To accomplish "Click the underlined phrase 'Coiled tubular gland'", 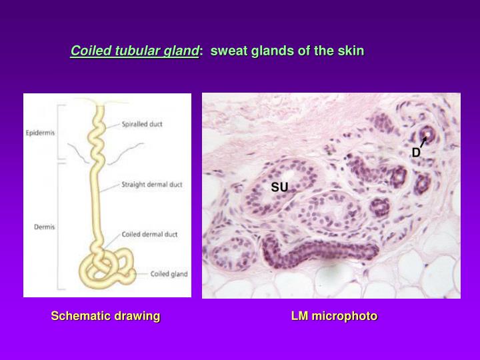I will click(135, 51).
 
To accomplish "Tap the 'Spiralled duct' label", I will click(143, 123).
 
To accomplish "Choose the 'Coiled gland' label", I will click(169, 273).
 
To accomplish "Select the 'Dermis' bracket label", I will click(43, 227).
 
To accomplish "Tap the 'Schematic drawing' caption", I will click(105, 316).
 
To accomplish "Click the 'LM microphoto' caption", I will click(334, 316).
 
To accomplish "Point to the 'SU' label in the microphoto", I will click(279, 187).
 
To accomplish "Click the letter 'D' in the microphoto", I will click(415, 153).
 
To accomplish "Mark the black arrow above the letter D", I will click(423, 141).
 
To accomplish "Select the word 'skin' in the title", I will click(351, 51).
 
